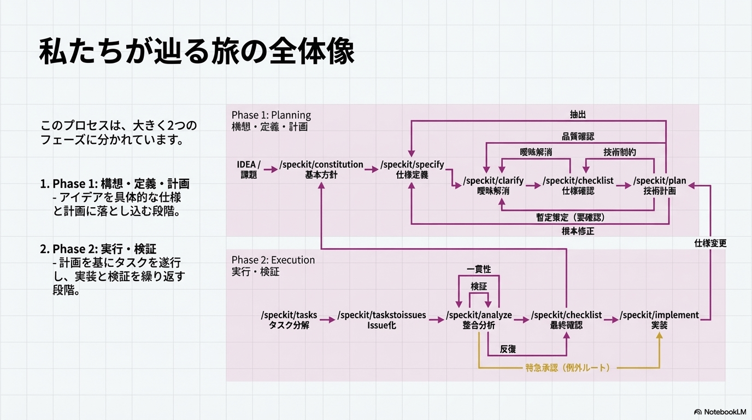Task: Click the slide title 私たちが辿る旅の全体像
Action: point(197,52)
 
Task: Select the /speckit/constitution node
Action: point(321,170)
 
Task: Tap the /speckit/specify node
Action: point(413,170)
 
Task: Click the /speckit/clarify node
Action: point(493,186)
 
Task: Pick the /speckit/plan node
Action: point(660,186)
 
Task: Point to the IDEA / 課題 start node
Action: point(249,170)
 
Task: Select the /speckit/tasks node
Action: point(289,320)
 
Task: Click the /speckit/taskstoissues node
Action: point(381,320)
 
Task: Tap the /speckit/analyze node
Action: point(479,320)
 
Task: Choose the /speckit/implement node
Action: point(659,320)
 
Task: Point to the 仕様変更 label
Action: point(710,243)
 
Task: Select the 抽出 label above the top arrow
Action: point(578,115)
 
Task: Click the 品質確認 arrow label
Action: point(578,137)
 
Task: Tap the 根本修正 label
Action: point(578,231)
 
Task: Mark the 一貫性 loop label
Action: point(479,270)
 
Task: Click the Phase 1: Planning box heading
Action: point(271,115)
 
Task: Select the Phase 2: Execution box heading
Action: point(273,260)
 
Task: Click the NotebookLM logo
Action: point(721,412)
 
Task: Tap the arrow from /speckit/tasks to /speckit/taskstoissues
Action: point(327,320)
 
